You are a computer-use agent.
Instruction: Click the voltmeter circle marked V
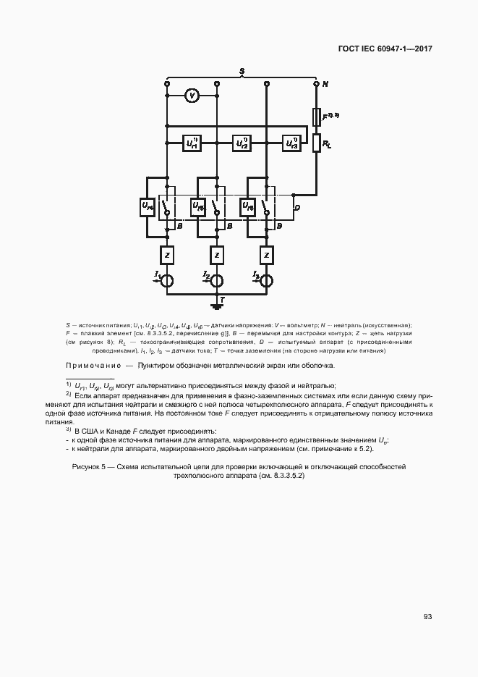(191, 95)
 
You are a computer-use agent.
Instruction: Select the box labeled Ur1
(193, 143)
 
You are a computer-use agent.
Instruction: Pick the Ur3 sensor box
(291, 143)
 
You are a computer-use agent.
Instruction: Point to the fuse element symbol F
(316, 116)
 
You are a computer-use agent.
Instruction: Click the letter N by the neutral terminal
(325, 85)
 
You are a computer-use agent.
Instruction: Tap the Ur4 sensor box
(148, 207)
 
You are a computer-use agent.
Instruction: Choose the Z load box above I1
(166, 255)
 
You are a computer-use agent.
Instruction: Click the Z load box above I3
(267, 255)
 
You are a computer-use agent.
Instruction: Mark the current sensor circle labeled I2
(217, 280)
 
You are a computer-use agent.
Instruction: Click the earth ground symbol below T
(217, 305)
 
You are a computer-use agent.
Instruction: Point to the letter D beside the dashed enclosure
(296, 208)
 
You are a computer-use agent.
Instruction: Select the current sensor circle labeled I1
(166, 280)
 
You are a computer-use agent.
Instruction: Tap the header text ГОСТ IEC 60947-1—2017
(385, 50)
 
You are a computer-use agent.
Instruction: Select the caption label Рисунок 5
(90, 467)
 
